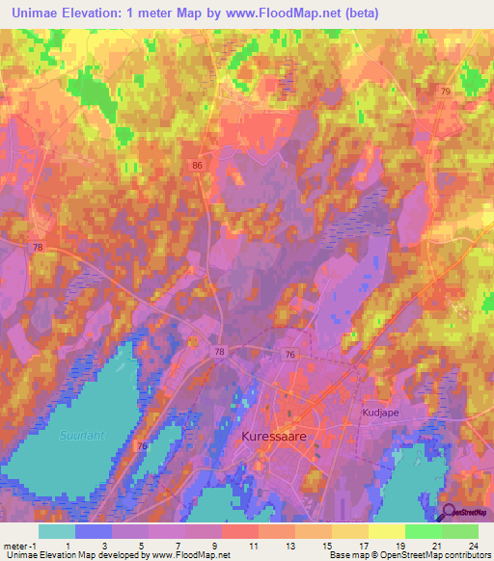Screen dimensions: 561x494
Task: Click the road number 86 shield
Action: pos(198,166)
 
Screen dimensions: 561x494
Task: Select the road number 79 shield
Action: pos(446,91)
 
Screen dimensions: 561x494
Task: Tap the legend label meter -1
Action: pos(20,545)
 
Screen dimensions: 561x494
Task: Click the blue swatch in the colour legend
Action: pos(94,531)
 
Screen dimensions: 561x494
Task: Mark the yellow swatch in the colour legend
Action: pos(386,531)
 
